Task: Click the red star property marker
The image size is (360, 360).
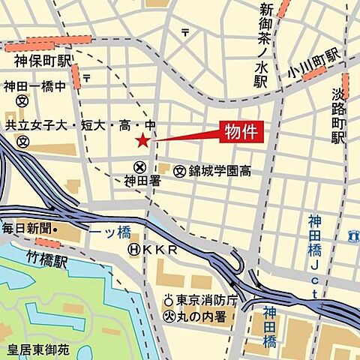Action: click(x=142, y=140)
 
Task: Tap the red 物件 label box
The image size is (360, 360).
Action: click(x=241, y=133)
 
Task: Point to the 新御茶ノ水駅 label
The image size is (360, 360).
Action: click(x=265, y=46)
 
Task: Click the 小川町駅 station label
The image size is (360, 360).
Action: click(x=313, y=58)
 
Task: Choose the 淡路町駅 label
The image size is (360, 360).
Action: click(x=338, y=116)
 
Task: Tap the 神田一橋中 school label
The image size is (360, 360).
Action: click(x=34, y=86)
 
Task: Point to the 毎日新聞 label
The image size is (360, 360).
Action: click(x=28, y=227)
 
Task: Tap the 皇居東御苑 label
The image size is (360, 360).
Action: click(x=37, y=349)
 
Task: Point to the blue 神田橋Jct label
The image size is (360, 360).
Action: click(x=315, y=255)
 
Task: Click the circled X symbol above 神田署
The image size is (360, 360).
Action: click(x=139, y=166)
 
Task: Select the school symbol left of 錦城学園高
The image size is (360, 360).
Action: click(x=179, y=172)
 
